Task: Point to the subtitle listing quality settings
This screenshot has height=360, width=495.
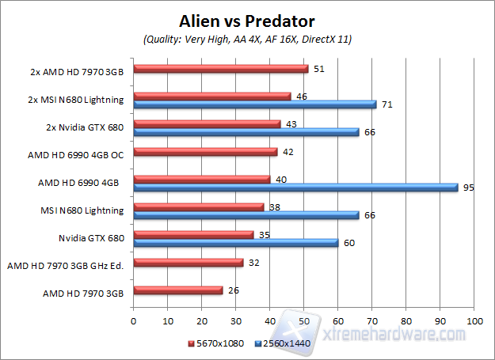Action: click(248, 39)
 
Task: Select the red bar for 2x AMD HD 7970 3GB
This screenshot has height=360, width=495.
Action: click(220, 69)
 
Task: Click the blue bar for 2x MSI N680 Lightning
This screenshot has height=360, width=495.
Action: click(254, 104)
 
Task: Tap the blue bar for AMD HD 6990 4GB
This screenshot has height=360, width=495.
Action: click(295, 188)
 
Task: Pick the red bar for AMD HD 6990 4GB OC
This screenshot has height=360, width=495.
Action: click(205, 152)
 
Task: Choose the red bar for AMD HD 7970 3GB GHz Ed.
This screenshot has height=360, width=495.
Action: click(188, 263)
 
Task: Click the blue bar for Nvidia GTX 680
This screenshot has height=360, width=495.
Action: click(235, 243)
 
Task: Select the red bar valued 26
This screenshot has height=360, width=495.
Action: click(177, 290)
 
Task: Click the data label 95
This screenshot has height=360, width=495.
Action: click(468, 188)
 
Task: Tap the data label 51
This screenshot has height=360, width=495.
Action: click(318, 69)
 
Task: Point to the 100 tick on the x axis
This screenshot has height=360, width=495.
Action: click(474, 321)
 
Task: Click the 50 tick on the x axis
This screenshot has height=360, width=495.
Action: click(304, 321)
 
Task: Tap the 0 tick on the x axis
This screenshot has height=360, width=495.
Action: click(133, 321)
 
